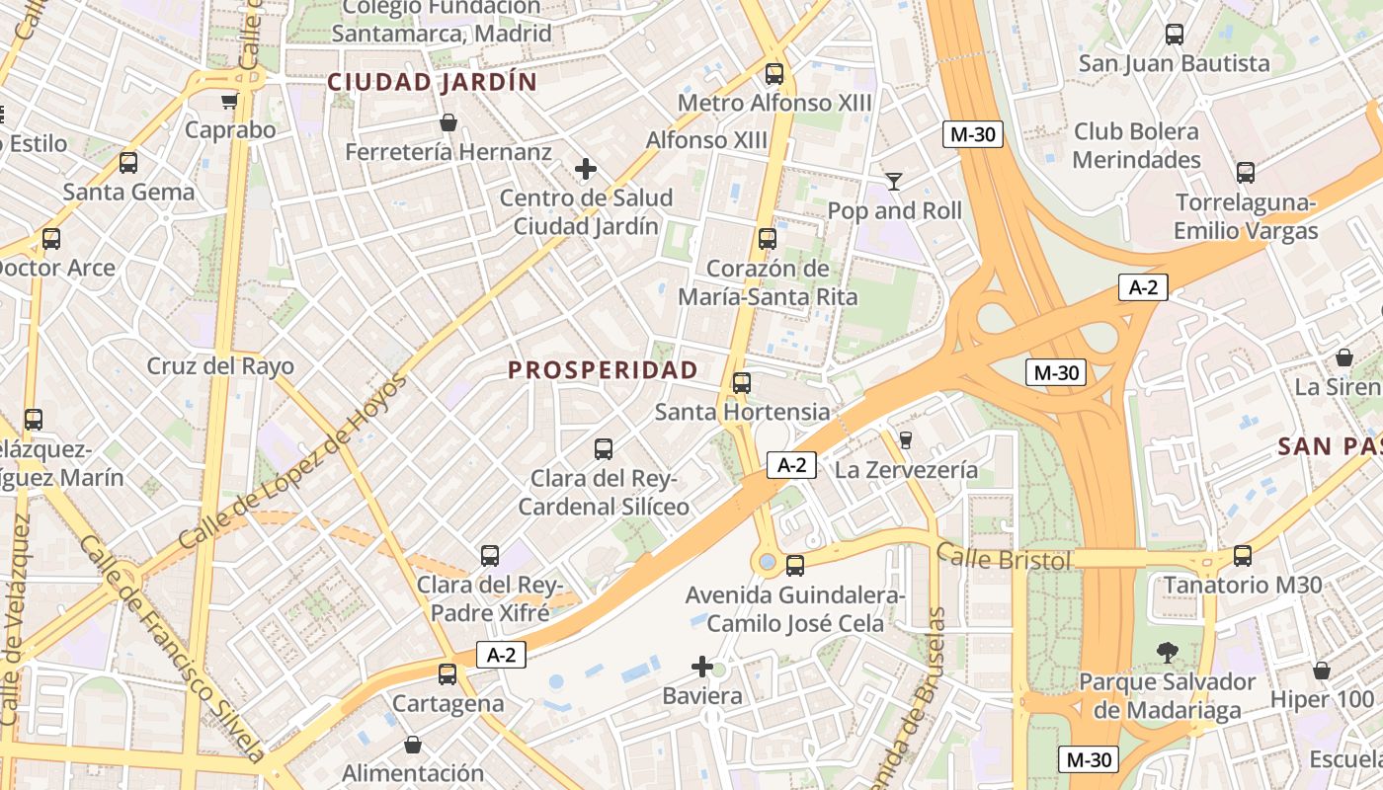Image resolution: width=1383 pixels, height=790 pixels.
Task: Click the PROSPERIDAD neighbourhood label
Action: point(603,370)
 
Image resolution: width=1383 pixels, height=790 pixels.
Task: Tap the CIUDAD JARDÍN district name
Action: point(432,82)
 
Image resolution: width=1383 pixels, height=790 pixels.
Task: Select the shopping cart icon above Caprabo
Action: point(230,100)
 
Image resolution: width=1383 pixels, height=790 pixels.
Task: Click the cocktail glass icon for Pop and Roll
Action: point(894,181)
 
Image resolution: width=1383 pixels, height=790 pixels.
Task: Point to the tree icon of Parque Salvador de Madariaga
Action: point(1167,652)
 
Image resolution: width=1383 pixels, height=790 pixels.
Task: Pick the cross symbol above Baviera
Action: point(702,667)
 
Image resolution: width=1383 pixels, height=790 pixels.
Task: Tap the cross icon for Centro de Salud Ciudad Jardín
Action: point(586,169)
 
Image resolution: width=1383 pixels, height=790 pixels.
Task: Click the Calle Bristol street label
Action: point(1004,560)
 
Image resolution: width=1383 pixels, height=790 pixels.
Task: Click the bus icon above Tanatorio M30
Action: point(1243,555)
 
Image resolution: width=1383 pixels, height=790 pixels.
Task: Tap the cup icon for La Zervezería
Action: point(906,439)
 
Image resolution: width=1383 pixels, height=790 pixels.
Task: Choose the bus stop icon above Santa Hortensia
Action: point(742,382)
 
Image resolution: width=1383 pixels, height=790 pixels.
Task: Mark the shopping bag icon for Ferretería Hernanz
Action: point(448,122)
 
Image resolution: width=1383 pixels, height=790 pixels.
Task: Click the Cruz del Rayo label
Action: point(220,366)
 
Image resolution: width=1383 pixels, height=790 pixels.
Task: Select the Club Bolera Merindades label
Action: point(1136,145)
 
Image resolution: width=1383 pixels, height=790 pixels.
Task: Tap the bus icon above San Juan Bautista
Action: point(1175,35)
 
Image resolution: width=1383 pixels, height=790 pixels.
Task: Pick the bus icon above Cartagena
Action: point(447,674)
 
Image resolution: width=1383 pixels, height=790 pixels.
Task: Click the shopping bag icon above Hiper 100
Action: point(1322,671)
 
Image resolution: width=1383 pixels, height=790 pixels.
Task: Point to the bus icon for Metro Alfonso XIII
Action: point(774,73)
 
